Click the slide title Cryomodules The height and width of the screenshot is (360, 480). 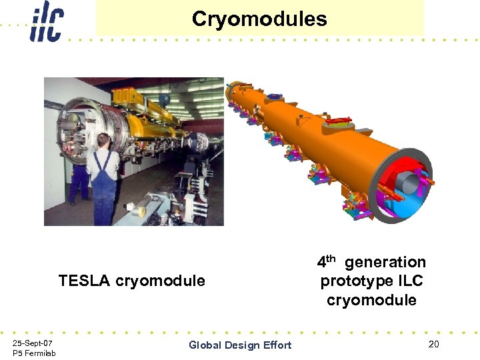[x=259, y=19]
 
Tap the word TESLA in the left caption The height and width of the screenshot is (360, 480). [x=85, y=281]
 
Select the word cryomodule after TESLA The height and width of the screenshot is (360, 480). [x=160, y=281]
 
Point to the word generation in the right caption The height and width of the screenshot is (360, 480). [x=385, y=262]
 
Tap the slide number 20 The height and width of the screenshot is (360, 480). [x=434, y=344]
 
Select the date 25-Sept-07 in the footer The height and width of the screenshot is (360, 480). [x=33, y=342]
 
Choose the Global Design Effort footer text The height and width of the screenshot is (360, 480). [x=240, y=345]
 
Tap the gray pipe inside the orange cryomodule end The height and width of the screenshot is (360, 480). [x=408, y=182]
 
